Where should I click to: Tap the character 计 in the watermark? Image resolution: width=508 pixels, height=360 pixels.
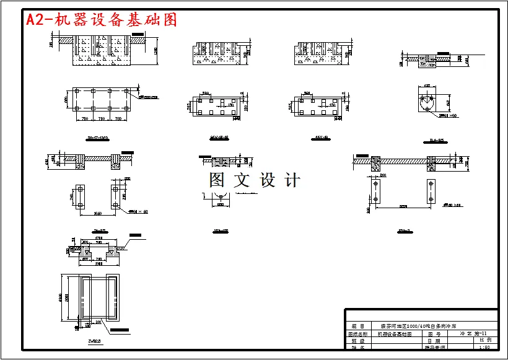(x=292, y=180)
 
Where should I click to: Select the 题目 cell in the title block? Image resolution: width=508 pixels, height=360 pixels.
(x=357, y=325)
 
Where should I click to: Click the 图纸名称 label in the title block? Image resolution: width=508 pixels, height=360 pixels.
(x=357, y=333)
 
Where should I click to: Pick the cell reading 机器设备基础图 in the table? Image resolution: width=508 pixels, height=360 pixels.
(x=395, y=333)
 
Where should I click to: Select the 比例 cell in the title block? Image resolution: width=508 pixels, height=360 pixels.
(x=484, y=341)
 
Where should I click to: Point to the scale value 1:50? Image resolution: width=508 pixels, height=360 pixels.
(x=484, y=348)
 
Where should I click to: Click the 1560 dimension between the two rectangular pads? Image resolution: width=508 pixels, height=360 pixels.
(x=97, y=214)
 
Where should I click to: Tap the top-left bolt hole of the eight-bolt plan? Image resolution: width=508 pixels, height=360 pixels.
(x=76, y=91)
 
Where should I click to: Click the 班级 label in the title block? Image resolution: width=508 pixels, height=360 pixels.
(x=357, y=341)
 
